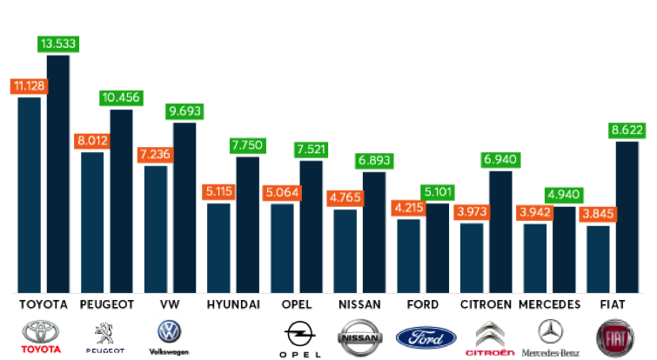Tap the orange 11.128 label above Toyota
pyautogui.click(x=29, y=86)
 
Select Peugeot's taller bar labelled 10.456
pyautogui.click(x=122, y=200)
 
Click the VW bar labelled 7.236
pyautogui.click(x=156, y=229)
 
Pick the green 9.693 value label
pyautogui.click(x=184, y=112)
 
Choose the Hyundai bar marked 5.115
pyautogui.click(x=218, y=247)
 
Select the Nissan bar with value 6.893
pyautogui.click(x=374, y=231)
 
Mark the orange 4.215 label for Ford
pyautogui.click(x=408, y=209)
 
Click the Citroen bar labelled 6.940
pyautogui.click(x=500, y=230)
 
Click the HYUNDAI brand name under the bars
pyautogui.click(x=233, y=305)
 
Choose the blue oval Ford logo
pyautogui.click(x=426, y=338)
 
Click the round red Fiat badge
pyautogui.click(x=614, y=338)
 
